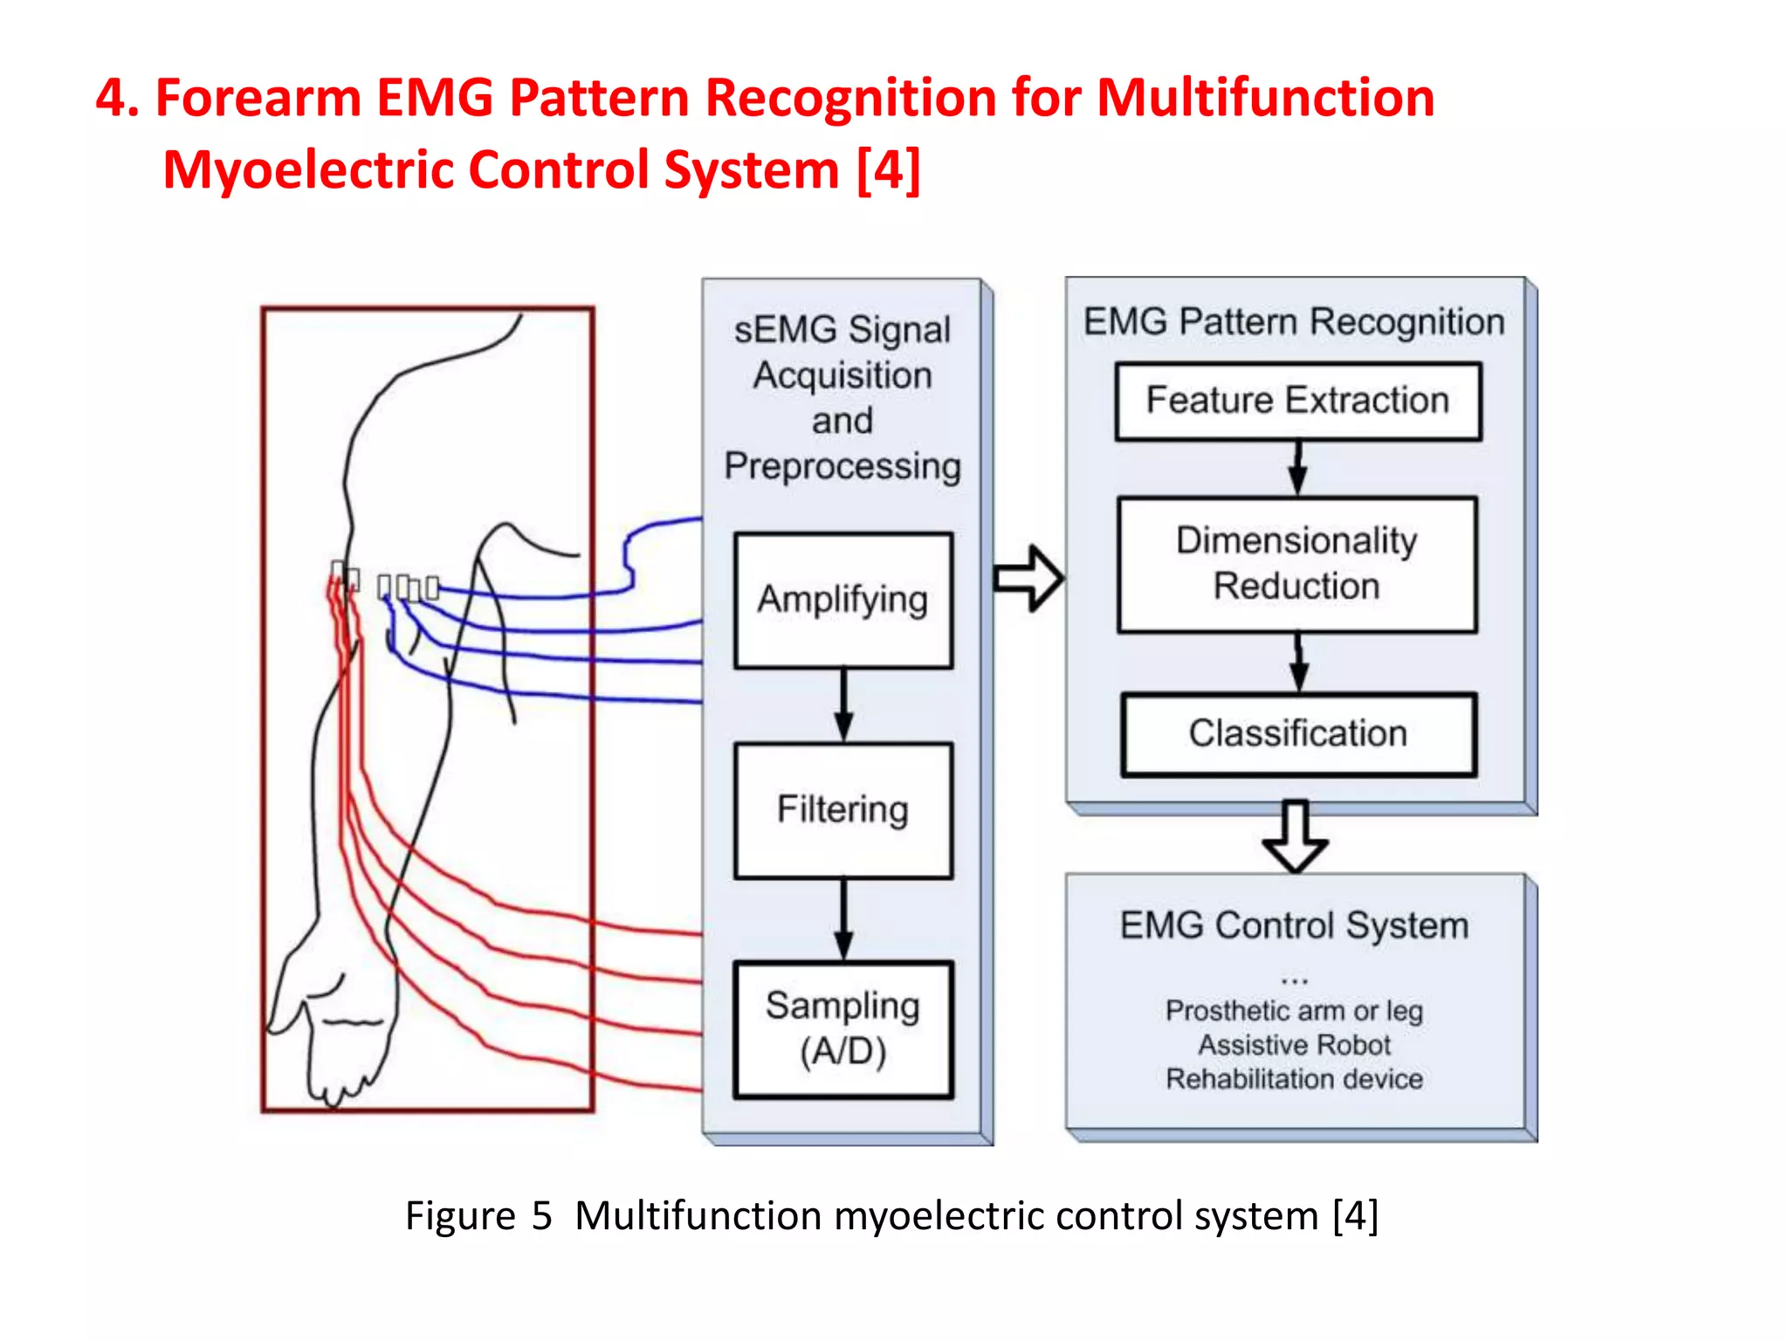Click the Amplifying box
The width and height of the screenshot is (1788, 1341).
pyautogui.click(x=843, y=600)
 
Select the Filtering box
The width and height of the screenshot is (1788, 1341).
pyautogui.click(x=843, y=809)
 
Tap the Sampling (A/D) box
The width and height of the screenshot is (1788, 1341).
pyautogui.click(x=843, y=1028)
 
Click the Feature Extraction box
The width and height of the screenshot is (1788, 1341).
pyautogui.click(x=1298, y=401)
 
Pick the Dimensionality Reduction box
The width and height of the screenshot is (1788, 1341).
pyautogui.click(x=1297, y=563)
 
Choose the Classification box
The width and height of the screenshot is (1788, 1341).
pyautogui.click(x=1298, y=733)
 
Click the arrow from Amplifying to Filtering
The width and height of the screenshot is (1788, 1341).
pyautogui.click(x=843, y=705)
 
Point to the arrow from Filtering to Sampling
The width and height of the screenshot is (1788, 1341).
pyautogui.click(x=843, y=918)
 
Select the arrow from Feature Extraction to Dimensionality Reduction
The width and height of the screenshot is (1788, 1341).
pyautogui.click(x=1298, y=468)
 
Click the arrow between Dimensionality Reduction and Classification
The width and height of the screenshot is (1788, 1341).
pyautogui.click(x=1299, y=663)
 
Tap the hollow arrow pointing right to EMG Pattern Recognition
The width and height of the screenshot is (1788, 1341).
pyautogui.click(x=1028, y=578)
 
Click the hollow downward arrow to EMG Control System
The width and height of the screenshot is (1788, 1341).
pyautogui.click(x=1296, y=836)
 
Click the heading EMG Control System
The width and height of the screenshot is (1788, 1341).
pyautogui.click(x=1295, y=925)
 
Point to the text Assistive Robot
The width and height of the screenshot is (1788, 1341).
pyautogui.click(x=1295, y=1045)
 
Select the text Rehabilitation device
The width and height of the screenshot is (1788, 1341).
pyautogui.click(x=1295, y=1079)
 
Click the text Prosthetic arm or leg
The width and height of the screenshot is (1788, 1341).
pyautogui.click(x=1295, y=1011)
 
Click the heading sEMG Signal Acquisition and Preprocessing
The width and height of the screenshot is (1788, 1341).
pyautogui.click(x=843, y=397)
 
